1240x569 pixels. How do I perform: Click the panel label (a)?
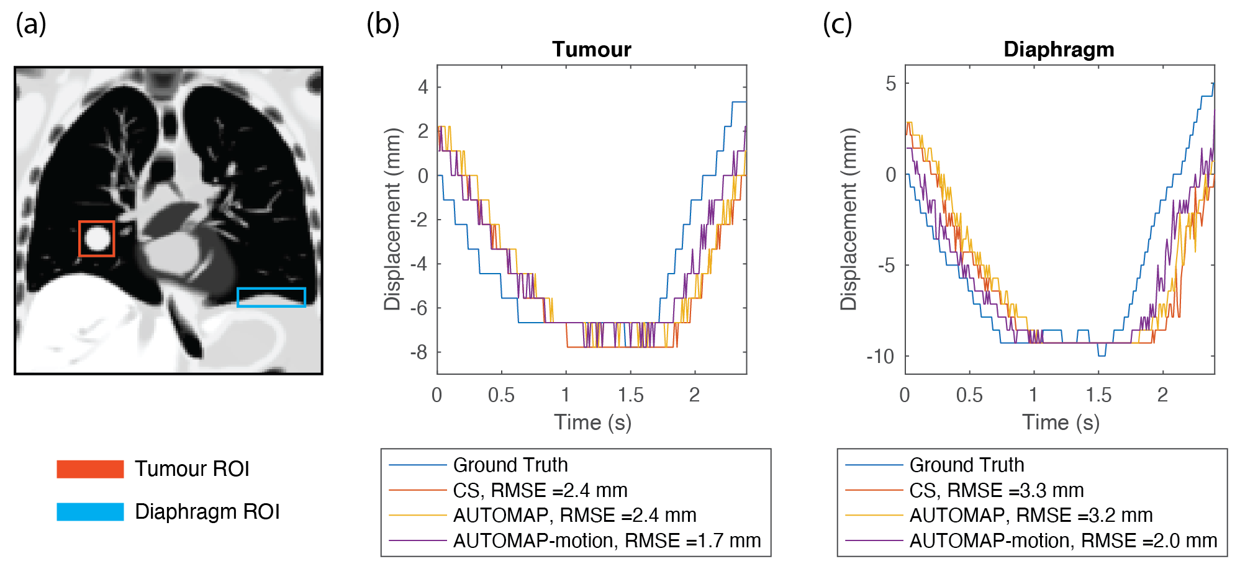pyautogui.click(x=31, y=25)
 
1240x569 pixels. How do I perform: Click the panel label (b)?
pyautogui.click(x=382, y=25)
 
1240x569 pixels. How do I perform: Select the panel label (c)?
pyautogui.click(x=837, y=25)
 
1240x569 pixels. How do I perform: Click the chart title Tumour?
pyautogui.click(x=591, y=50)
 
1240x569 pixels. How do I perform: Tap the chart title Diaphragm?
pyautogui.click(x=1059, y=50)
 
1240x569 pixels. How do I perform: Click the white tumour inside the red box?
pyautogui.click(x=97, y=239)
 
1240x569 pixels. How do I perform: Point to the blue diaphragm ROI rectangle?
pyautogui.click(x=271, y=297)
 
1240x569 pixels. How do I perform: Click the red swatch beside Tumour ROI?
pyautogui.click(x=90, y=469)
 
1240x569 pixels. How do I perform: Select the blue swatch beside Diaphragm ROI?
pyautogui.click(x=90, y=512)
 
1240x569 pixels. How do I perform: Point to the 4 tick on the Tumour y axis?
pyautogui.click(x=423, y=87)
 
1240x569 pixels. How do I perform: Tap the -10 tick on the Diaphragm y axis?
pyautogui.click(x=880, y=356)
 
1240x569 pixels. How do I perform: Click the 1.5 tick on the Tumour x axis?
pyautogui.click(x=630, y=395)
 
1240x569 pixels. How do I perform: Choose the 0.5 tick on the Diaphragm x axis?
pyautogui.click(x=969, y=395)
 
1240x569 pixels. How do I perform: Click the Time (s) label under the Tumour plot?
pyautogui.click(x=592, y=423)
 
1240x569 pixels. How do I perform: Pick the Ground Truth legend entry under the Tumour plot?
pyautogui.click(x=510, y=465)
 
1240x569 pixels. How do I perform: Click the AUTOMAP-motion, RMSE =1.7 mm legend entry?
pyautogui.click(x=606, y=540)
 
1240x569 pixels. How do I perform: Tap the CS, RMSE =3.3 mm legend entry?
pyautogui.click(x=996, y=490)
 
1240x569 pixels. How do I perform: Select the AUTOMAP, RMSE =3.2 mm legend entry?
pyautogui.click(x=1031, y=515)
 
